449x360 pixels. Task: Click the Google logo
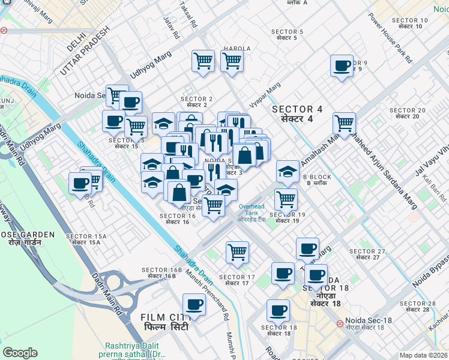pyautogui.click(x=20, y=353)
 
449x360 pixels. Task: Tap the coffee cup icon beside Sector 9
pyautogui.click(x=342, y=67)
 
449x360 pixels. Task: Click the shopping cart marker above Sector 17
pyautogui.click(x=238, y=252)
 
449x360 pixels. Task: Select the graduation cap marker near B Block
pyautogui.click(x=288, y=171)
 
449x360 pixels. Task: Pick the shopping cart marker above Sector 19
pyautogui.click(x=286, y=199)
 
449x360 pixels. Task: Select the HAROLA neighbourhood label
pyautogui.click(x=237, y=49)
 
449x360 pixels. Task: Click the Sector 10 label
pyautogui.click(x=409, y=23)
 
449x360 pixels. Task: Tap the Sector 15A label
pyautogui.click(x=86, y=239)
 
